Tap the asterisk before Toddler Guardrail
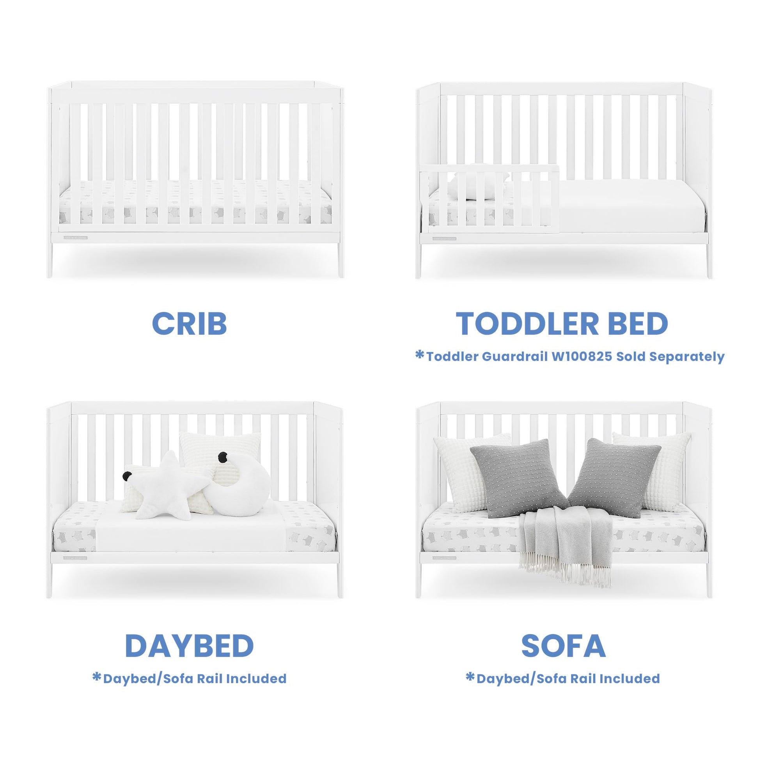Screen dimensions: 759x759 click(420, 356)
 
